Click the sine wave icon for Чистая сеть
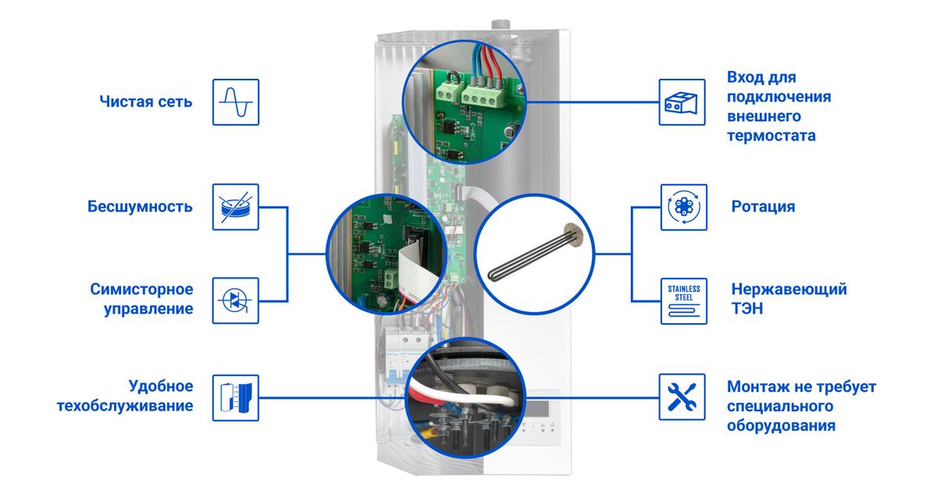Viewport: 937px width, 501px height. point(237,101)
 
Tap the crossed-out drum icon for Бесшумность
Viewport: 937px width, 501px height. point(237,207)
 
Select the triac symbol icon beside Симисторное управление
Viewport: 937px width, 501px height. point(237,299)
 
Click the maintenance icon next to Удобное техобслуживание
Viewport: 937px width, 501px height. point(237,396)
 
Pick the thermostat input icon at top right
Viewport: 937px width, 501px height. point(682,101)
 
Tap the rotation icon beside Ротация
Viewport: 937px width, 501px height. point(684,207)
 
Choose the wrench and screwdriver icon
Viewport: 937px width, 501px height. point(684,396)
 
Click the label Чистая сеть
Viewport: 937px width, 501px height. point(145,102)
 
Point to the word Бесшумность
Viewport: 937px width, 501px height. point(140,207)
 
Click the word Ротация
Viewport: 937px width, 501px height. point(763,207)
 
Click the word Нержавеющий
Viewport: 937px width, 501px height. point(789,290)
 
